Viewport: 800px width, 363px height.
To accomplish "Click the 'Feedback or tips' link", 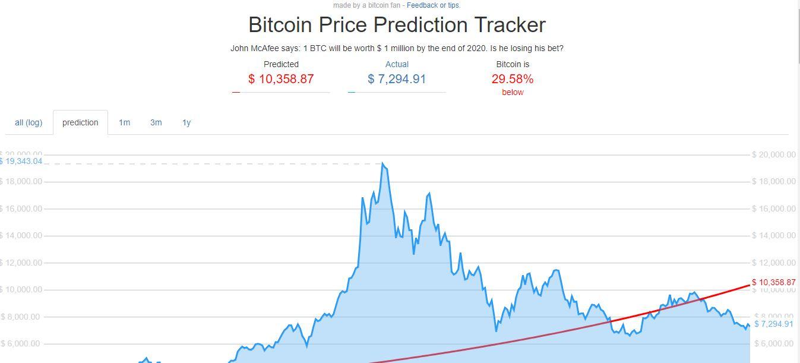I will pos(433,5).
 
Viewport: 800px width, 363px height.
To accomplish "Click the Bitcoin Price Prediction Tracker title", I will pos(397,25).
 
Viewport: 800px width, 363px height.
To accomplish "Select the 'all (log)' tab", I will pos(29,122).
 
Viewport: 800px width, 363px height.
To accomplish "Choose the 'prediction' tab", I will pos(80,122).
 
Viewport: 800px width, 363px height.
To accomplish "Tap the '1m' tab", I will pos(124,122).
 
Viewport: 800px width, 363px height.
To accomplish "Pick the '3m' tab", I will pos(156,122).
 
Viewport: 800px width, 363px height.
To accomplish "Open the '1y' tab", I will pos(186,122).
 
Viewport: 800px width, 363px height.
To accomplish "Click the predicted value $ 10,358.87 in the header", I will pos(281,79).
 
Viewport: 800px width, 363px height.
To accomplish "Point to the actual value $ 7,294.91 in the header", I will pos(397,79).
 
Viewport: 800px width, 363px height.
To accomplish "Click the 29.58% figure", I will pos(513,79).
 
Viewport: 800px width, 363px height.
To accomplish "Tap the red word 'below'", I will pos(513,92).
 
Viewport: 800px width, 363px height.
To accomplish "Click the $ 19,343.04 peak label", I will pos(21,161).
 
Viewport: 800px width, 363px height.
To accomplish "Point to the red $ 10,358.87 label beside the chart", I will pos(773,282).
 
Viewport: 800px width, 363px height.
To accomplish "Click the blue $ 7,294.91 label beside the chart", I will pos(773,324).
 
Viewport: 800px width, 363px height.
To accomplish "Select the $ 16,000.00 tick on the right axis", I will pos(773,209).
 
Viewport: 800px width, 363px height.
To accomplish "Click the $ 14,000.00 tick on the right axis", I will pos(773,236).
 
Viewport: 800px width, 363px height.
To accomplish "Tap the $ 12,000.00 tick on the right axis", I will pos(773,263).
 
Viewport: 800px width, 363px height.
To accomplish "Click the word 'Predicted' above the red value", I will pos(281,64).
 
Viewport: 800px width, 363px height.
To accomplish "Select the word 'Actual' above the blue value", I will pos(397,64).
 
